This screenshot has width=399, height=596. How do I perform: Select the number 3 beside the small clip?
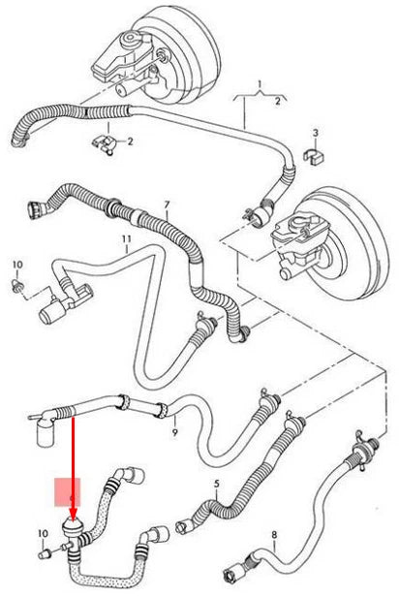click(x=314, y=132)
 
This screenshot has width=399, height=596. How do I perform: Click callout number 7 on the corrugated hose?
click(x=166, y=205)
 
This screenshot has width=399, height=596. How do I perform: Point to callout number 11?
click(x=125, y=237)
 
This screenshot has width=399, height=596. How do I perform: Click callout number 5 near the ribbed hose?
click(x=216, y=484)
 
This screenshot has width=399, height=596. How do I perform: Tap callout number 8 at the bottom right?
click(x=274, y=534)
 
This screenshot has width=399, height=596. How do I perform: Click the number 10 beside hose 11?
click(x=16, y=265)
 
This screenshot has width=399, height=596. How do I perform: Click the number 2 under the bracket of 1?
click(x=280, y=101)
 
